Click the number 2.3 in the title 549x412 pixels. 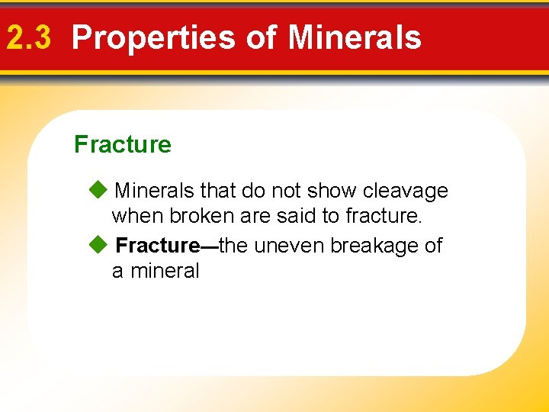pyautogui.click(x=28, y=37)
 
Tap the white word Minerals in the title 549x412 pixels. pyautogui.click(x=355, y=37)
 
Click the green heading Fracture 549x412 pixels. pyautogui.click(x=123, y=144)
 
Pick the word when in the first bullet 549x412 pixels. pyautogui.click(x=137, y=216)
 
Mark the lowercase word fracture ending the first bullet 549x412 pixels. pyautogui.click(x=383, y=216)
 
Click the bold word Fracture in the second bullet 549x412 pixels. pyautogui.click(x=156, y=245)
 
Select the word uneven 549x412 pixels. pyautogui.click(x=291, y=245)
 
